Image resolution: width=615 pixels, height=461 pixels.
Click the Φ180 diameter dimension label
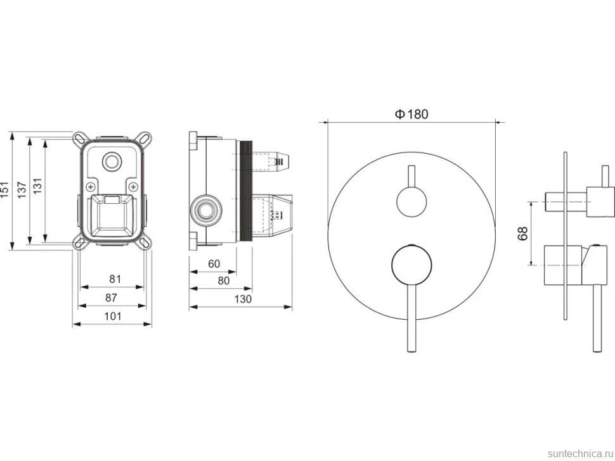click(411, 115)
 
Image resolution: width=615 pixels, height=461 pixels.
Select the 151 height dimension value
click(4, 190)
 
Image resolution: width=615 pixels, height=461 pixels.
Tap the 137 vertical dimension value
click(22, 190)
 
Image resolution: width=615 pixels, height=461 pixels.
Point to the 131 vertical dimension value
click(37, 186)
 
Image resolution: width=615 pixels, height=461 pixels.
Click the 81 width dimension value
click(115, 279)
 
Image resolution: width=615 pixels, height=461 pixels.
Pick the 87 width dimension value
click(111, 298)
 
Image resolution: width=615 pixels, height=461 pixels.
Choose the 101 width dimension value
click(113, 317)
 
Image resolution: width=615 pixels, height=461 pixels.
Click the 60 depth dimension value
click(214, 264)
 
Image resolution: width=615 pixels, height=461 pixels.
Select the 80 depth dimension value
click(223, 281)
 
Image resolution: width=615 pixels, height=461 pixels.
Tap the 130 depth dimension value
click(243, 300)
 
